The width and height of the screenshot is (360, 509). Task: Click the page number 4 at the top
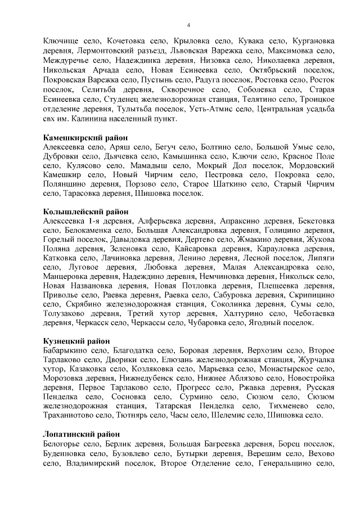(x=188, y=25)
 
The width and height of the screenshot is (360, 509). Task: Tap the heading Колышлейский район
(x=86, y=211)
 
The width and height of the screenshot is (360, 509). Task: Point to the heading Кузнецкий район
(x=76, y=341)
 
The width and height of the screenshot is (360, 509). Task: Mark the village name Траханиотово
(x=69, y=416)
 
